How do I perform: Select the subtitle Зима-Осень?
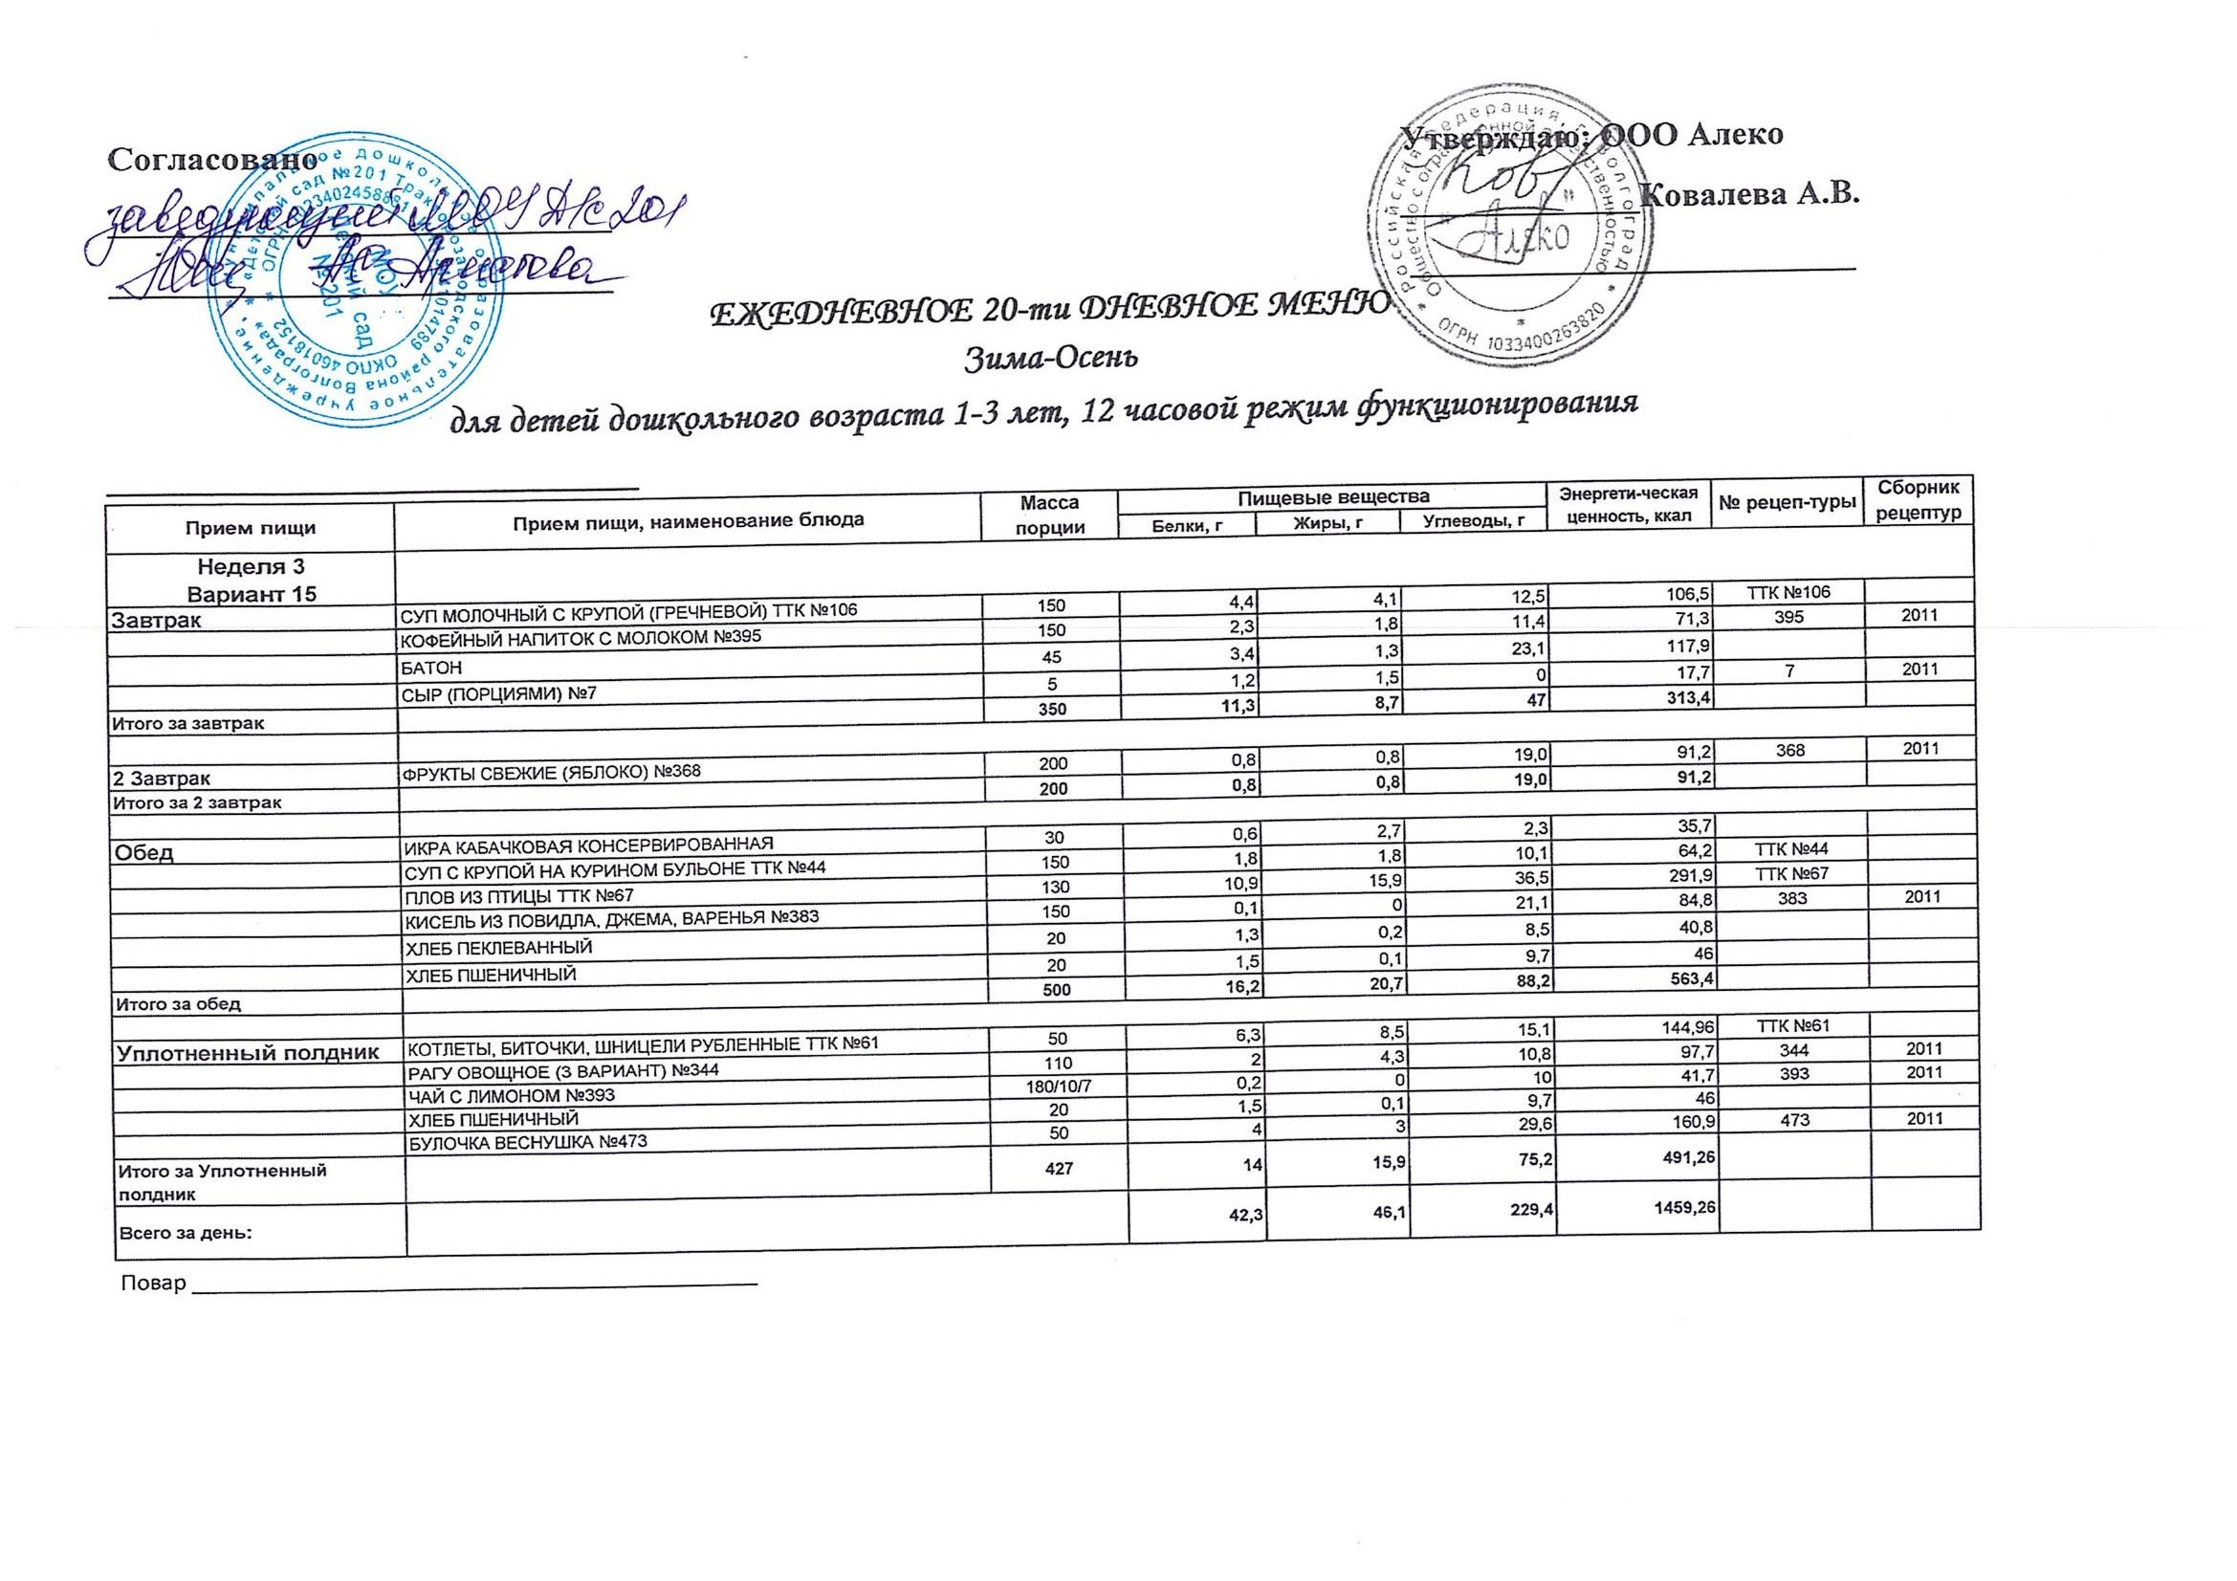tap(1050, 361)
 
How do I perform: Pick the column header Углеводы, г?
tap(1472, 523)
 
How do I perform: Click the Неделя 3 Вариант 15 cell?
tap(252, 580)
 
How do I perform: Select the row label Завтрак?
tap(158, 620)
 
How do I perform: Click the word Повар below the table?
tap(152, 1283)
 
